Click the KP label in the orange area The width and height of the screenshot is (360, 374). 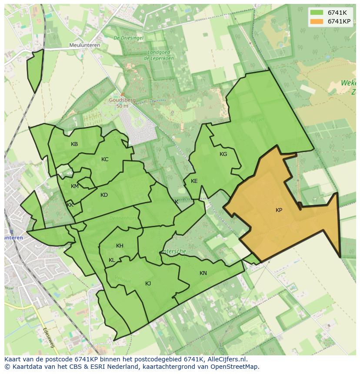pyautogui.click(x=279, y=210)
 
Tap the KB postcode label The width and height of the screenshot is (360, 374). pyautogui.click(x=74, y=144)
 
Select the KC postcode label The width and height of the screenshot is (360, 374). pyautogui.click(x=105, y=159)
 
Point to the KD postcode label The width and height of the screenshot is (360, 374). pyautogui.click(x=104, y=195)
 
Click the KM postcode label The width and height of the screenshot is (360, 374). pyautogui.click(x=75, y=186)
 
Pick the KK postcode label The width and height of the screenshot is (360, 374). pyautogui.click(x=70, y=205)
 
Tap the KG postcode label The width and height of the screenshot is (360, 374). pyautogui.click(x=223, y=154)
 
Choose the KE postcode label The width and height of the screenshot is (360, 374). pyautogui.click(x=194, y=181)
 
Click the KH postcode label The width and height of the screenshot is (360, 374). pyautogui.click(x=120, y=246)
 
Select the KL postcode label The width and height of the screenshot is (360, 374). pyautogui.click(x=112, y=260)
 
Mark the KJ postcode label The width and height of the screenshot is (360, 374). pyautogui.click(x=148, y=284)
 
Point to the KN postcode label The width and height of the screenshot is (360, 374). pyautogui.click(x=203, y=273)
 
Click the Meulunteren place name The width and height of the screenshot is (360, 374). pyautogui.click(x=85, y=45)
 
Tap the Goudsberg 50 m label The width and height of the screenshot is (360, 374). pyautogui.click(x=119, y=103)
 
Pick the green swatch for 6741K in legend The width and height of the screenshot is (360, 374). pyautogui.click(x=316, y=13)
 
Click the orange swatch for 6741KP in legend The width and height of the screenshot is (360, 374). pyautogui.click(x=316, y=21)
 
